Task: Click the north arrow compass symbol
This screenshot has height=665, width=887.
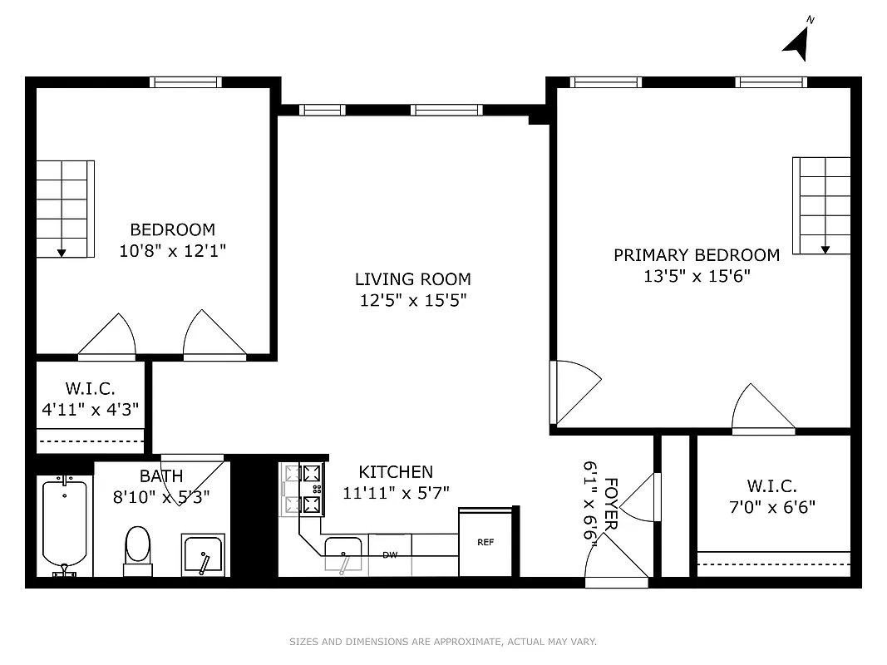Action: click(797, 42)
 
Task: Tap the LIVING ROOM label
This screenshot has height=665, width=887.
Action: click(412, 279)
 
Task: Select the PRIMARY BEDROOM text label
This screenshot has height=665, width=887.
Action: click(697, 255)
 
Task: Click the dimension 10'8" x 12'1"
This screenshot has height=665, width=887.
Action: click(172, 250)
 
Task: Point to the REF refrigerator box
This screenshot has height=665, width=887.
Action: click(485, 542)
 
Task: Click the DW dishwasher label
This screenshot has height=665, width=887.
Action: click(389, 554)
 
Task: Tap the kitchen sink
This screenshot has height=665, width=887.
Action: click(342, 551)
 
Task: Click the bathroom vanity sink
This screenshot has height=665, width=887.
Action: click(203, 554)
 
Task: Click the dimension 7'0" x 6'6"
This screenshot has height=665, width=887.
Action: click(771, 506)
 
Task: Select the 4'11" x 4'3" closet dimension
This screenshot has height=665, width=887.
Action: click(91, 409)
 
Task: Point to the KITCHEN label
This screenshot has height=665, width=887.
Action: click(396, 472)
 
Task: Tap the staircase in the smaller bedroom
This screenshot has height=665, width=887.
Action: click(64, 209)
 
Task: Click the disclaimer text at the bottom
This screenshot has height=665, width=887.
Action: click(443, 642)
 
